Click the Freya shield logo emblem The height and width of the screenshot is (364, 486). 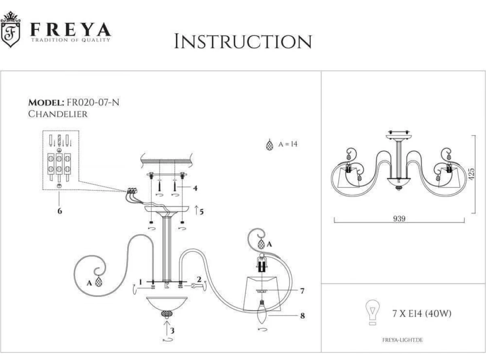(x=11, y=29)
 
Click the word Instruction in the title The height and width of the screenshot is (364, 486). (x=243, y=41)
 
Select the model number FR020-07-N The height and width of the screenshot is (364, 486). (x=93, y=103)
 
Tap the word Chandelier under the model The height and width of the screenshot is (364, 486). (x=58, y=114)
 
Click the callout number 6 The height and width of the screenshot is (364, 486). (x=60, y=211)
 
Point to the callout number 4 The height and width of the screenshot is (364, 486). (x=195, y=188)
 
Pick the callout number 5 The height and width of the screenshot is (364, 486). (x=201, y=212)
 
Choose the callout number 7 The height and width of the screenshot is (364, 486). (x=302, y=291)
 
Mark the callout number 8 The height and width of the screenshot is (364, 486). (x=303, y=316)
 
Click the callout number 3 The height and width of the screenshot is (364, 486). (x=172, y=330)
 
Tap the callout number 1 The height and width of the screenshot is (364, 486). (x=141, y=282)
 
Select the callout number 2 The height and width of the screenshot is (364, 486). (x=199, y=279)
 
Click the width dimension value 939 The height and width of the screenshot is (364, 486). (x=399, y=218)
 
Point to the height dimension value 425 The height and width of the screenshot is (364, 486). (x=471, y=174)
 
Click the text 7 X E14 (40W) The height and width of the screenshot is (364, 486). (x=422, y=313)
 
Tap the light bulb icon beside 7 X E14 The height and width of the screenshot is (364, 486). (x=373, y=312)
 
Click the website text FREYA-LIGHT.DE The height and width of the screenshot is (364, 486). (x=403, y=340)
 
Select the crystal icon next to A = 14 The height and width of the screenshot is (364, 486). (x=269, y=145)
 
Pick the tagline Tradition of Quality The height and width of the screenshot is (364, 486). (x=70, y=40)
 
